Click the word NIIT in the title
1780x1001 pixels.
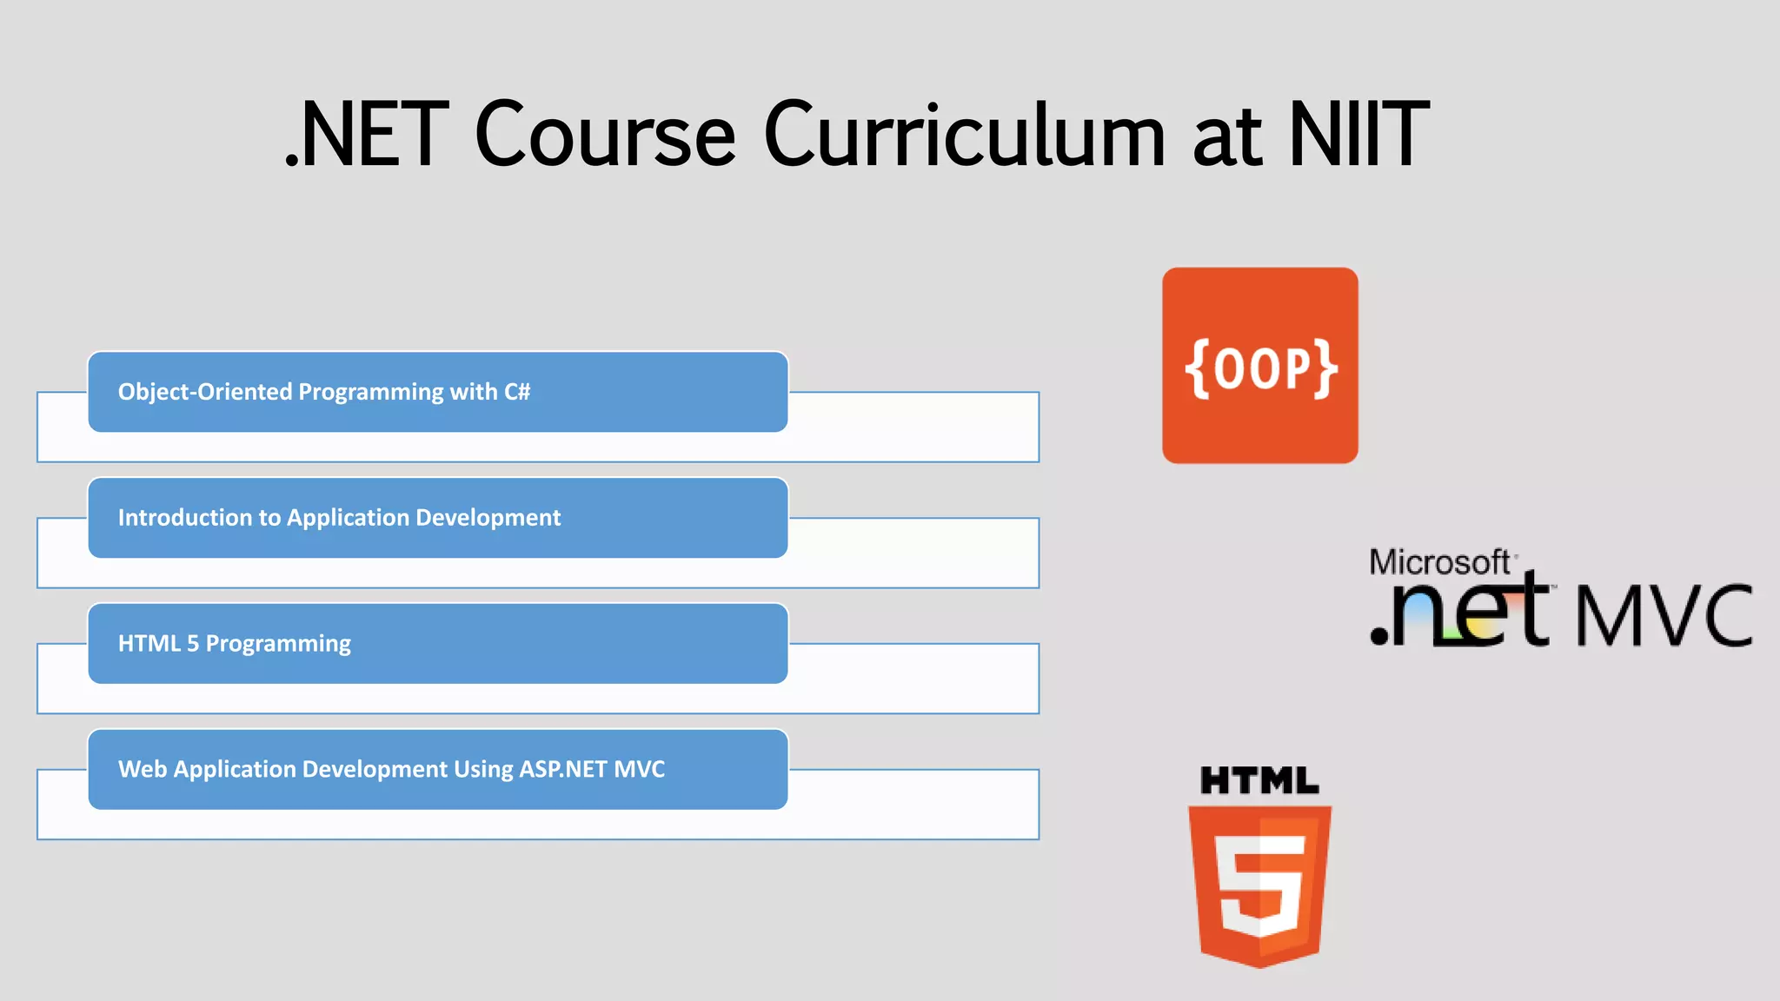1358,135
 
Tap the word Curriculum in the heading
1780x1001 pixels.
964,135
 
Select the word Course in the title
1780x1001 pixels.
606,135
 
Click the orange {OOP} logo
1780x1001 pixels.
1259,366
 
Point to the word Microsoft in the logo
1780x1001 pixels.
1439,562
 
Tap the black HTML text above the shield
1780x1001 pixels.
1259,780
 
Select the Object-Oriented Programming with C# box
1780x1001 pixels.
438,392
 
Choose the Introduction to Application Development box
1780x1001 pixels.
438,518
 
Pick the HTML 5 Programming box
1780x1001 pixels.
438,644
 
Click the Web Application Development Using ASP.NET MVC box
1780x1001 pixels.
438,770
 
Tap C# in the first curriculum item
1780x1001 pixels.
517,392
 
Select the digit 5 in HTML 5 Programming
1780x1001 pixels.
193,644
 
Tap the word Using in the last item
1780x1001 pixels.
483,770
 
